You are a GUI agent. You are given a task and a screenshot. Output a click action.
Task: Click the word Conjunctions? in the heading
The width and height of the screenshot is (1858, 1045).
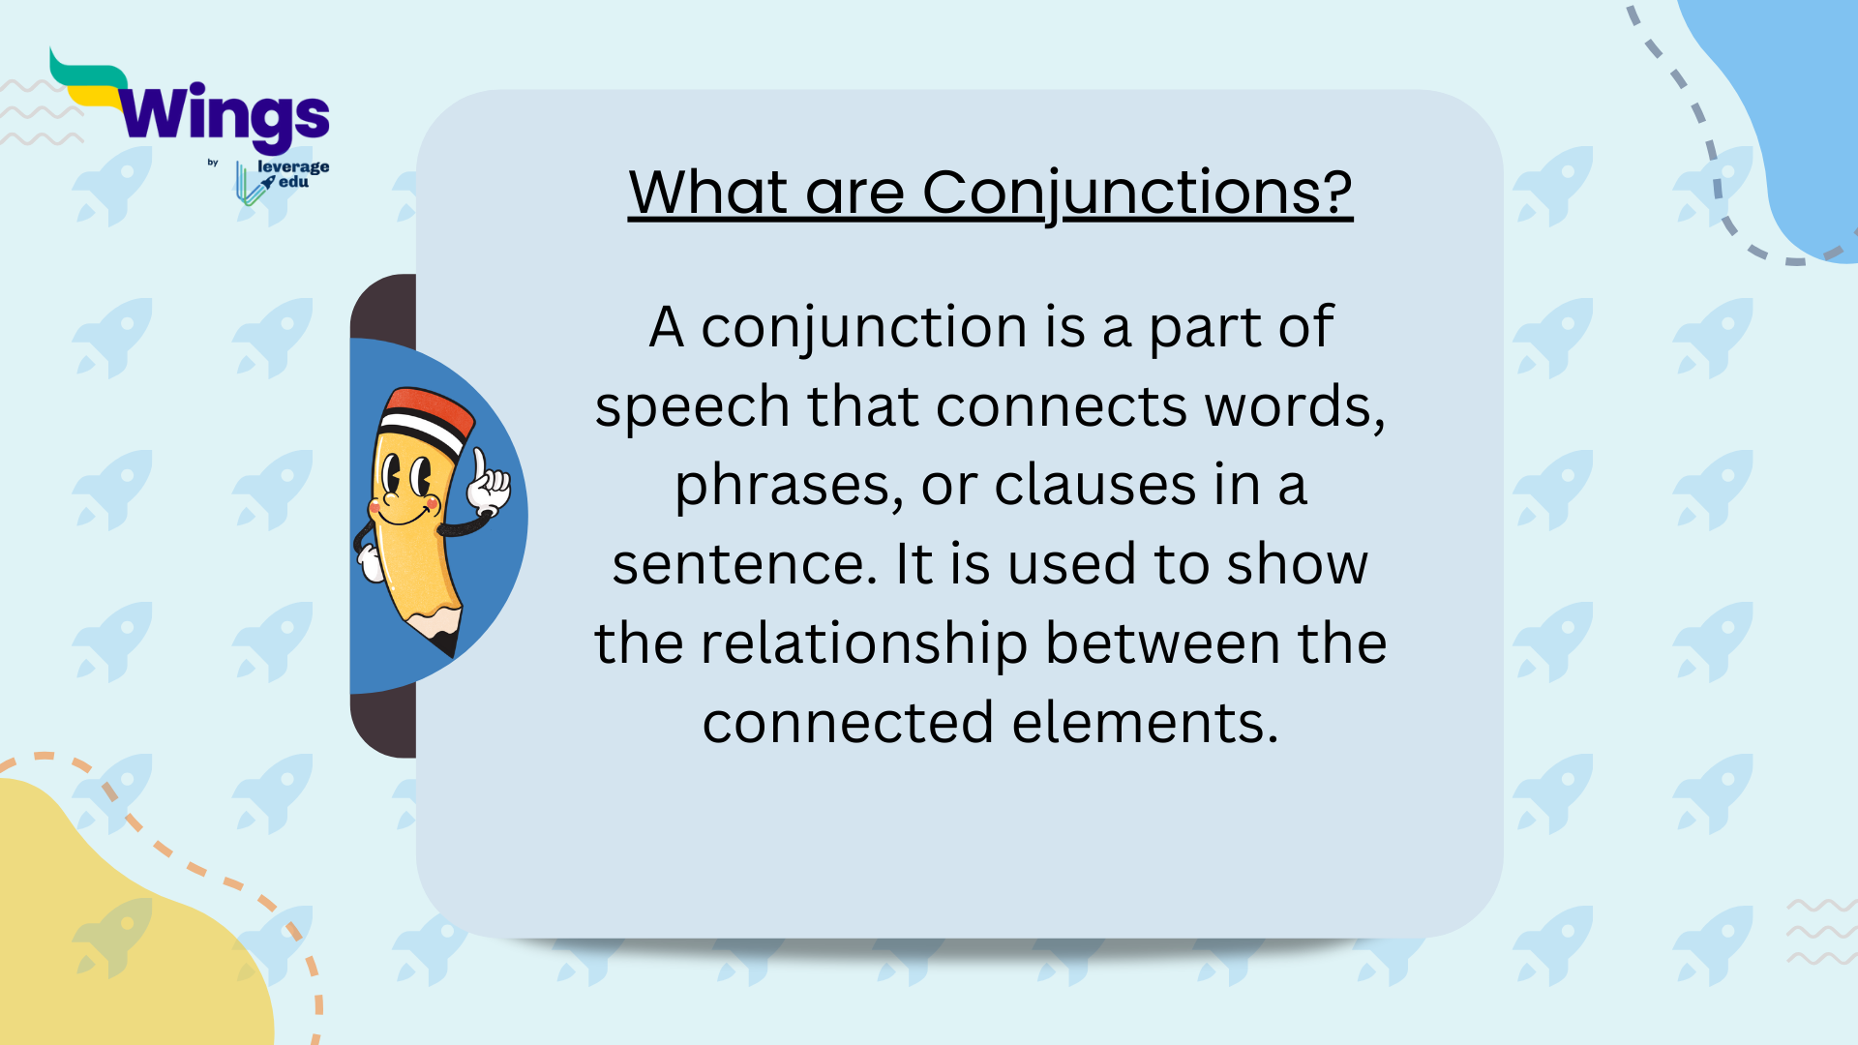click(1136, 192)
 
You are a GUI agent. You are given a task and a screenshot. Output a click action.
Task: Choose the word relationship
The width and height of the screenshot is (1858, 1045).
click(863, 643)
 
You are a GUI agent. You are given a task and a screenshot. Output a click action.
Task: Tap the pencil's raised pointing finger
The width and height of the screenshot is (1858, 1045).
click(479, 465)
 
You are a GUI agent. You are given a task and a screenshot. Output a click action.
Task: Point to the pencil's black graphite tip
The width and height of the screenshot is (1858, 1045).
click(447, 642)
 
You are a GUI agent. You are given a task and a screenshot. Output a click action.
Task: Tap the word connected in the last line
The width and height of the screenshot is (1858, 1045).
click(849, 723)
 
